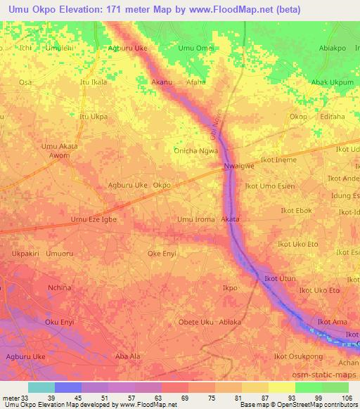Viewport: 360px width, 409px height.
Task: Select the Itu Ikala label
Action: (94, 82)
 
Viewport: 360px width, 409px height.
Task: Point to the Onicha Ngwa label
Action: (196, 150)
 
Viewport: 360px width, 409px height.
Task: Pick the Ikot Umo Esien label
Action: (269, 186)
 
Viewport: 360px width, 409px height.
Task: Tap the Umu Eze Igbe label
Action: (94, 219)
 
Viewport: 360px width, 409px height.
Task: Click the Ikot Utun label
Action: (280, 280)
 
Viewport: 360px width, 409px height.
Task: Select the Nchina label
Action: (59, 287)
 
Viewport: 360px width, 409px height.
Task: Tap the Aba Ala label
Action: (127, 356)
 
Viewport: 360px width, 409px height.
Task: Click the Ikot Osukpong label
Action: (299, 356)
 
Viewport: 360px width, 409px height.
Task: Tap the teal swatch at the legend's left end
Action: (41, 387)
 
